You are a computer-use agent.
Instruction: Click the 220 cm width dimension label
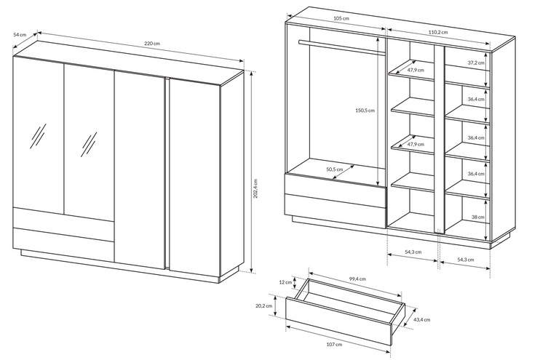pos(151,44)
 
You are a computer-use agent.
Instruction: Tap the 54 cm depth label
pos(20,34)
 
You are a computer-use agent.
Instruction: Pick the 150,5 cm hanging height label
pos(364,111)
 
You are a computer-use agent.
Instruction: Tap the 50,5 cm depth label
pos(335,170)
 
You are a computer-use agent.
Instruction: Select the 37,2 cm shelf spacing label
pos(476,63)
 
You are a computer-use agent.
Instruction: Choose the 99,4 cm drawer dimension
pos(357,278)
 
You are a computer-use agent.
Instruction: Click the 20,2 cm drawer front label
pos(263,306)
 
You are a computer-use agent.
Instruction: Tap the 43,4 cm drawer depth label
pos(421,319)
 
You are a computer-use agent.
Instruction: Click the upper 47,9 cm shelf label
pos(416,71)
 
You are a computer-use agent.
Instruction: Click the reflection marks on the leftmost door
pos(37,136)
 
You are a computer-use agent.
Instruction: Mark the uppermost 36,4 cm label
pos(476,99)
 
